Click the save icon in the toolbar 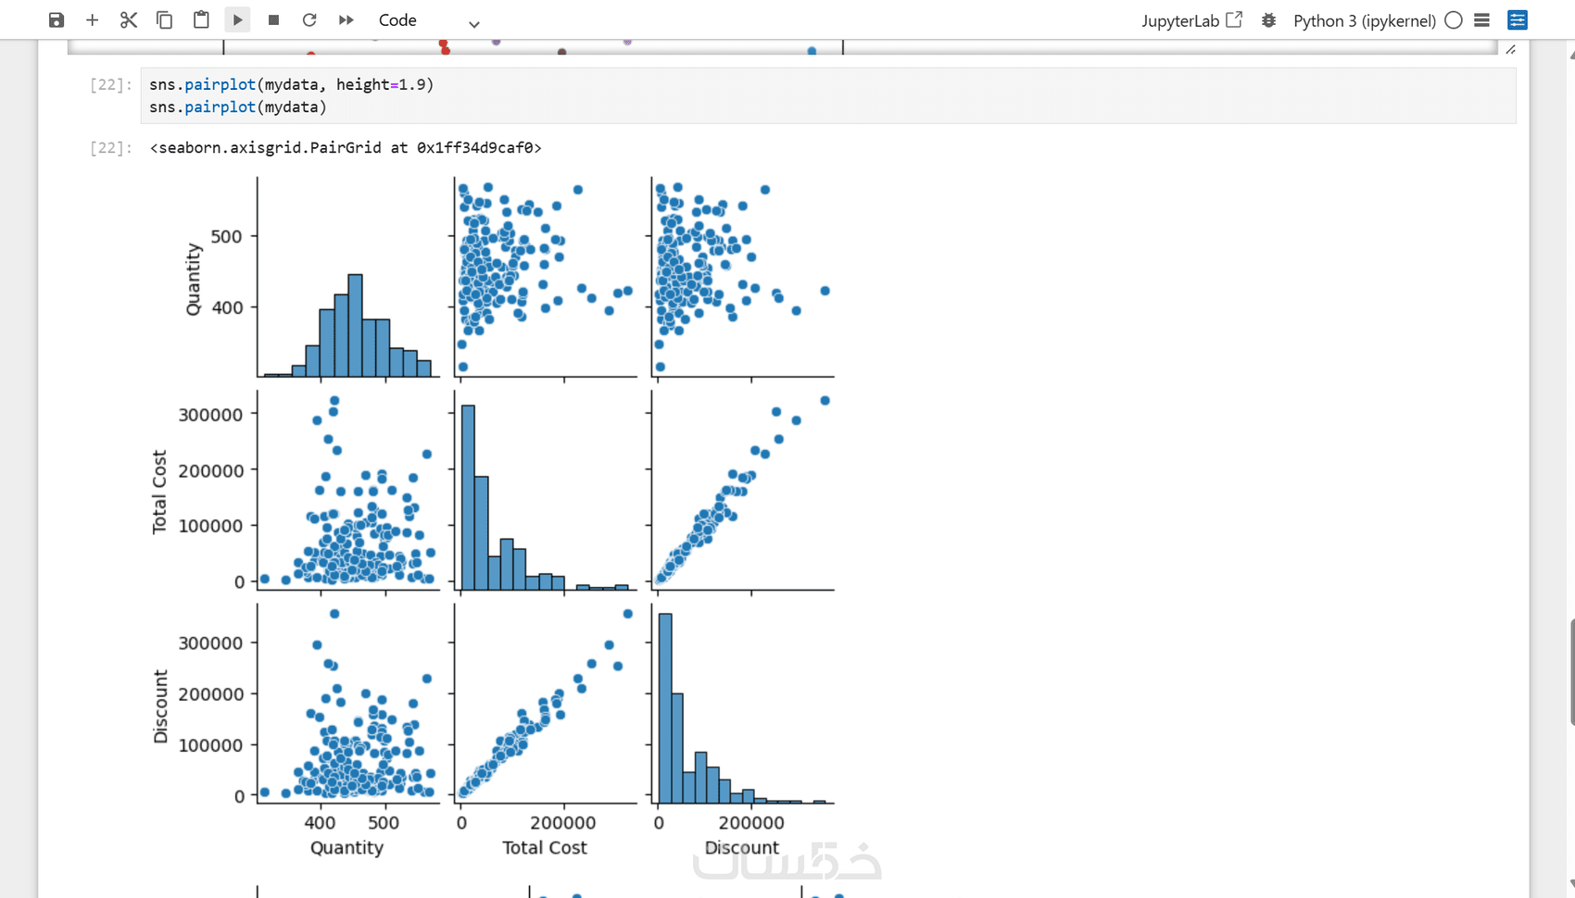(x=57, y=20)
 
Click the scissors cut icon (x=128, y=20)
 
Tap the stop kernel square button (x=273, y=20)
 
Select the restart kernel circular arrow (x=309, y=20)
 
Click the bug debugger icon (x=1268, y=20)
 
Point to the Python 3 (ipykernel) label (x=1364, y=20)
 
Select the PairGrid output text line (x=346, y=147)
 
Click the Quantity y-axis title (x=194, y=279)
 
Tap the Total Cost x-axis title (x=544, y=847)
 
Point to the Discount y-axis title (x=161, y=706)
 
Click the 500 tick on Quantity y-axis (x=226, y=236)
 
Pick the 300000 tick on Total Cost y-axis (x=211, y=414)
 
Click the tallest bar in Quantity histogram (x=355, y=325)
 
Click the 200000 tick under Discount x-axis (x=750, y=822)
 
